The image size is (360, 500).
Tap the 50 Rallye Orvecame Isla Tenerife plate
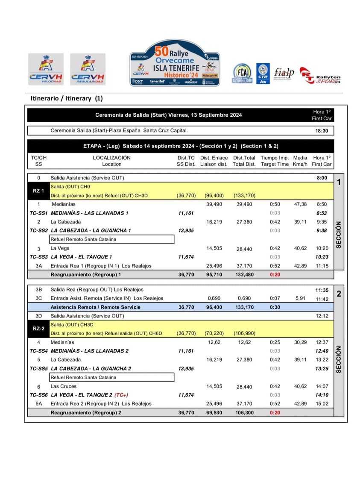[x=175, y=63]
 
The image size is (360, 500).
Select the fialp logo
[x=284, y=73]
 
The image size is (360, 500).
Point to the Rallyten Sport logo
[x=320, y=75]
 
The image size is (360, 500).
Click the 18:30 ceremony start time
[x=322, y=131]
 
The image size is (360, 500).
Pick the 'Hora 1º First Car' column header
[x=322, y=161]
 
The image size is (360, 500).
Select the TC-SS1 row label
[x=38, y=213]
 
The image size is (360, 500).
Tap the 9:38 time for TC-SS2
[x=322, y=230]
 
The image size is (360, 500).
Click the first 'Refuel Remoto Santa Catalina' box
[x=112, y=239]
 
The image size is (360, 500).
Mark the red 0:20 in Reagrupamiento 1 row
[x=275, y=274]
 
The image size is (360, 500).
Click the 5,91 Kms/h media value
[x=300, y=298]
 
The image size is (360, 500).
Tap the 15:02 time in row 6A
[x=322, y=403]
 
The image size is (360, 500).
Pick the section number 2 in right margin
[x=339, y=294]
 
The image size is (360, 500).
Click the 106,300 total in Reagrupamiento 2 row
[x=244, y=412]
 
